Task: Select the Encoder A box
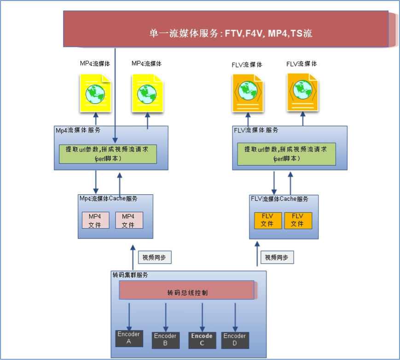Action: [128, 338]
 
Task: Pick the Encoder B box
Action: [165, 340]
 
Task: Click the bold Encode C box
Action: [202, 339]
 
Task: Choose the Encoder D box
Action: [234, 339]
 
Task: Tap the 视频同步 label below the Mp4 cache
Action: [154, 258]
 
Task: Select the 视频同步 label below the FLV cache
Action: [277, 258]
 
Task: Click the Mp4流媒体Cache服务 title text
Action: [108, 199]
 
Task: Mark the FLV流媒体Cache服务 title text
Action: [279, 199]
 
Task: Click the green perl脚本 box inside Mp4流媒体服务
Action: [108, 154]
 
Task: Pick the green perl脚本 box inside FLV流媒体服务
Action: [286, 154]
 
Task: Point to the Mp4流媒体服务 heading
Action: [78, 130]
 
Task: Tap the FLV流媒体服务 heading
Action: [256, 130]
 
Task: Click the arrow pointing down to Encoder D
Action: [235, 316]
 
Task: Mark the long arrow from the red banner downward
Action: [115, 92]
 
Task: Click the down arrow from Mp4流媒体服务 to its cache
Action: [96, 182]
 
